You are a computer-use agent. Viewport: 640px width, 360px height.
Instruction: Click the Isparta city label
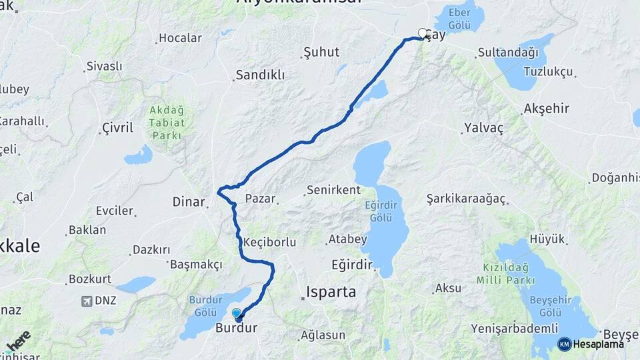[x=331, y=291]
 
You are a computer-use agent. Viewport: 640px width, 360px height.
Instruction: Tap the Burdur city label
[x=235, y=328]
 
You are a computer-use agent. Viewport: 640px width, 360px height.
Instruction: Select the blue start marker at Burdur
[x=237, y=313]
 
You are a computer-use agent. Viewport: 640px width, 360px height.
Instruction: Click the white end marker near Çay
[x=423, y=32]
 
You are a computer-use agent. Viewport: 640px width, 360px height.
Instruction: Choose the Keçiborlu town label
[x=270, y=242]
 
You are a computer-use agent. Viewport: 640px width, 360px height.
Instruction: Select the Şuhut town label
[x=321, y=52]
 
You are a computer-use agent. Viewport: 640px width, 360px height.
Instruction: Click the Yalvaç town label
[x=484, y=127]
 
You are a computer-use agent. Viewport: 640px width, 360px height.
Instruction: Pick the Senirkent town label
[x=333, y=191]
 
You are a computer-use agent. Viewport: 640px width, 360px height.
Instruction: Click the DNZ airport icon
[x=87, y=301]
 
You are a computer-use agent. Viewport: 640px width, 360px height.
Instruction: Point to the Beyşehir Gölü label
[x=551, y=306]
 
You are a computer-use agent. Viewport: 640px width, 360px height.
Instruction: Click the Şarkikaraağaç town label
[x=467, y=199]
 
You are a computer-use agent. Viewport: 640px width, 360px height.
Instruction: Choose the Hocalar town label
[x=180, y=38]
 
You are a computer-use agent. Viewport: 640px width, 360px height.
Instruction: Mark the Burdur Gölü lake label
[x=205, y=306]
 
